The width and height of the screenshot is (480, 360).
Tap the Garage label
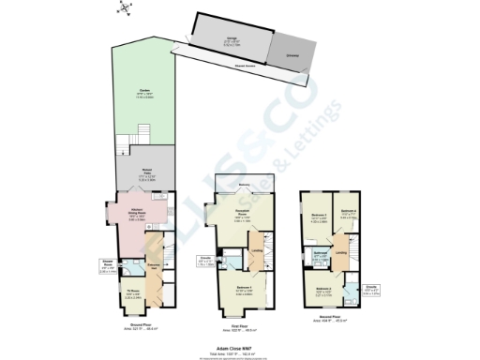230,40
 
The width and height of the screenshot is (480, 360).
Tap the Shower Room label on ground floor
107,265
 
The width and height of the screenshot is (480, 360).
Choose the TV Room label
132,293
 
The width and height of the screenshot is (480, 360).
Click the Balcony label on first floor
245,186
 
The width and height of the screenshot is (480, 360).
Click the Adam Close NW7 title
240,344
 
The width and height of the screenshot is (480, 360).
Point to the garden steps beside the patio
120,146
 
